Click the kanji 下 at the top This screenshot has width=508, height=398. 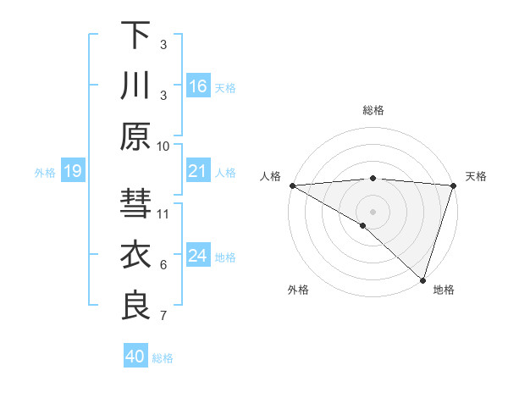(135, 36)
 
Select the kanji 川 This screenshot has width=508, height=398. (135, 86)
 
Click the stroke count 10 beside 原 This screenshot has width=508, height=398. (163, 146)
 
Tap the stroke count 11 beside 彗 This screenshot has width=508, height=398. (163, 213)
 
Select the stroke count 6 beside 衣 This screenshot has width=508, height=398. (163, 265)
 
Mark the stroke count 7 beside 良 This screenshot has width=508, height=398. (163, 316)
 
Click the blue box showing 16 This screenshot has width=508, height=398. (197, 86)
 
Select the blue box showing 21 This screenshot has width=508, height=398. (197, 171)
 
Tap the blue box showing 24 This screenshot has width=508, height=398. (197, 256)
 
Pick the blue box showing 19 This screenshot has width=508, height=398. (72, 172)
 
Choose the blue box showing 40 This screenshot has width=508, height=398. (135, 357)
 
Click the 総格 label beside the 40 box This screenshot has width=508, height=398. (163, 358)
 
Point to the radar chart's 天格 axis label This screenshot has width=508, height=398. (476, 176)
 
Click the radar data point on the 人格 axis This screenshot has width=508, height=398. (292, 185)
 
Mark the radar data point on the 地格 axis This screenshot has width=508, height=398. (422, 279)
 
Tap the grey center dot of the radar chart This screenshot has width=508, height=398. (373, 210)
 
